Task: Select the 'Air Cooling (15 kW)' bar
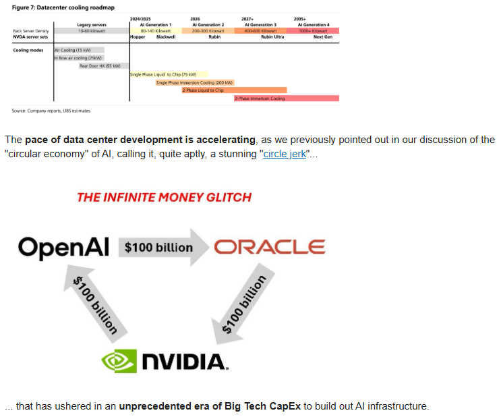click(79, 50)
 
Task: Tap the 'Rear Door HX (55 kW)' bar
click(100, 66)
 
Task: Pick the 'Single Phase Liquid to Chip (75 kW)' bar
click(169, 74)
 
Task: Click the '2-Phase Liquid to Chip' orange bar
click(234, 90)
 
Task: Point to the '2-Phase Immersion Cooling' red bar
click(286, 99)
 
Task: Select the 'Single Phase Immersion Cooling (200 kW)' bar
click(194, 82)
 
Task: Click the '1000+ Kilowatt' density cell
click(312, 31)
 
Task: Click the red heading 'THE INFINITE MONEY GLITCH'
click(164, 198)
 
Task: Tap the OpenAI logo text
click(63, 247)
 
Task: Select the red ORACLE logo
click(269, 247)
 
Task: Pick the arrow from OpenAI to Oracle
click(162, 247)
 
